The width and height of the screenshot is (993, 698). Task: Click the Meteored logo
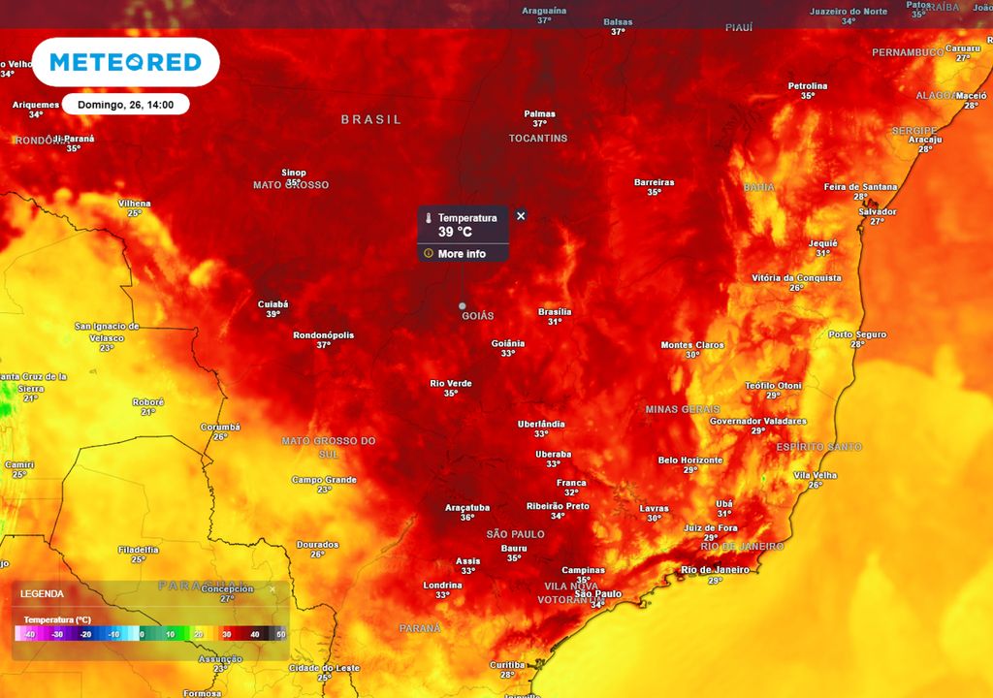(x=125, y=62)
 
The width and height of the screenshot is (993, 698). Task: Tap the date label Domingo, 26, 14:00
(x=126, y=105)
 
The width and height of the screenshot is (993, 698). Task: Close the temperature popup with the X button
(x=521, y=215)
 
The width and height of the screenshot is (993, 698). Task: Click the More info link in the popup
(x=462, y=254)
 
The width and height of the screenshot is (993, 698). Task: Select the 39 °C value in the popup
(x=455, y=232)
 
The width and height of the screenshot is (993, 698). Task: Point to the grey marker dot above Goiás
(x=463, y=305)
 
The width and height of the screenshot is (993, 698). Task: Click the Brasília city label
(x=555, y=312)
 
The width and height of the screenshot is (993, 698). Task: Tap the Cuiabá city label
(x=273, y=304)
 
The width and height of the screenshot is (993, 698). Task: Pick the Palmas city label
(x=539, y=113)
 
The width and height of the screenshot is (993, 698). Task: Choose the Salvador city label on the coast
(x=878, y=211)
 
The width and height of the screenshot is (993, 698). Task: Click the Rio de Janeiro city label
(x=715, y=570)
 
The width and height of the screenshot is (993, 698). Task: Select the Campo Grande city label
(x=324, y=480)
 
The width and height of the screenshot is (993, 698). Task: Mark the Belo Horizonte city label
(x=690, y=460)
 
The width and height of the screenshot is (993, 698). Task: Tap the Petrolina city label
(x=808, y=86)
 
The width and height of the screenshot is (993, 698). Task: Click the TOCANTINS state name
(x=538, y=139)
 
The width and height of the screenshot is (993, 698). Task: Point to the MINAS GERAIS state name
(x=683, y=409)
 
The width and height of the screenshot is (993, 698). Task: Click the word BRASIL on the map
(x=370, y=119)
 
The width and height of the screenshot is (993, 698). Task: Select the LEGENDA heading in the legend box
(x=42, y=593)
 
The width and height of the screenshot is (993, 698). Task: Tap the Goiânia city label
(x=508, y=343)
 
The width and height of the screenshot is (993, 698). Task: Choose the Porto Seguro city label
(x=857, y=334)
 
